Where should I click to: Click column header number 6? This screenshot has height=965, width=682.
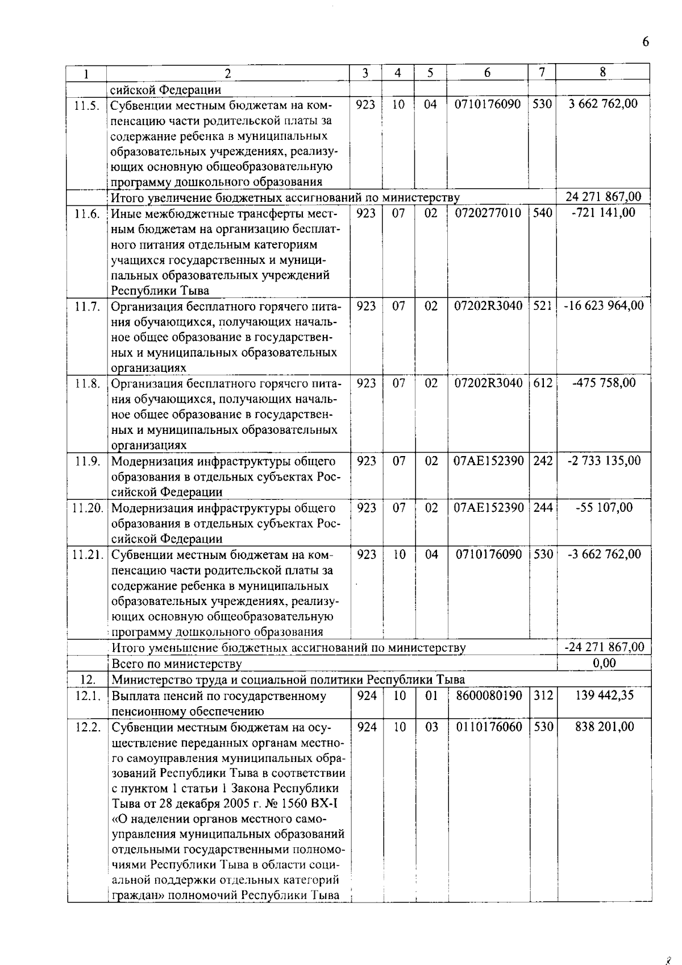click(488, 72)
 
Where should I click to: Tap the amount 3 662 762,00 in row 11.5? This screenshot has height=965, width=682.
click(602, 103)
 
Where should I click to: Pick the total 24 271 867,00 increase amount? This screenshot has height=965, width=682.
click(604, 197)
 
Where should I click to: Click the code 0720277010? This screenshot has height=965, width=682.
click(488, 213)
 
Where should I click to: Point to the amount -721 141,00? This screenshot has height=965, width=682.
click(604, 213)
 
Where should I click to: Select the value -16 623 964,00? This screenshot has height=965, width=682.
click(604, 306)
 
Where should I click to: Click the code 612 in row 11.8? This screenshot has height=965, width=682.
click(543, 383)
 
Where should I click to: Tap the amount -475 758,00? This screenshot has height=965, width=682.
click(604, 383)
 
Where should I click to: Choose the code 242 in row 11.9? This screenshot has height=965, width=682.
click(543, 461)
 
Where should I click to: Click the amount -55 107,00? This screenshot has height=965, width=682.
click(604, 507)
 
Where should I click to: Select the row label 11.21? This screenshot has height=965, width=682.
click(87, 554)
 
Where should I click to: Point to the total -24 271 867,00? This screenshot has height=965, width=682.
click(604, 647)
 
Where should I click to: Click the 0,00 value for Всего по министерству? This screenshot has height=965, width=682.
click(604, 662)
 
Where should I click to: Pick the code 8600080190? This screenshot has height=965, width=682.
click(488, 695)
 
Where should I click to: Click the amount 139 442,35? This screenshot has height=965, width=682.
click(604, 695)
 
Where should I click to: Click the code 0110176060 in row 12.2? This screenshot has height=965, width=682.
click(488, 726)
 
